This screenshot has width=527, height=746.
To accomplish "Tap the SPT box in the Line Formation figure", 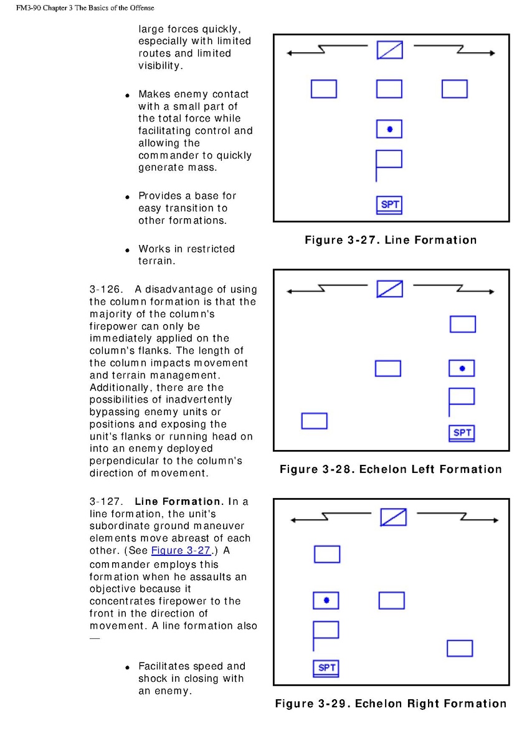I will tap(389, 204).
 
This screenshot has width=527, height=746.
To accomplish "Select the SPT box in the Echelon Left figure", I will tap(462, 433).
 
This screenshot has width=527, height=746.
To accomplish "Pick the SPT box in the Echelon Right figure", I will tap(326, 668).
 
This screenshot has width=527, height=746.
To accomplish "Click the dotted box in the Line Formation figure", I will tap(389, 129).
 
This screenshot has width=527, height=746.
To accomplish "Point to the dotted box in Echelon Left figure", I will tap(462, 368).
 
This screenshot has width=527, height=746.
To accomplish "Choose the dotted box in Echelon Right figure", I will tap(326, 600).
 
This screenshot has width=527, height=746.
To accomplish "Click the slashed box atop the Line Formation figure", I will tap(389, 50).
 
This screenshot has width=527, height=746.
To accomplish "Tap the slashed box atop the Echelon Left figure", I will tap(389, 289).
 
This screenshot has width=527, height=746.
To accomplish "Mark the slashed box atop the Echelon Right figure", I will tap(393, 517).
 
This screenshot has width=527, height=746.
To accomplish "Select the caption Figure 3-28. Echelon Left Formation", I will tap(391, 469).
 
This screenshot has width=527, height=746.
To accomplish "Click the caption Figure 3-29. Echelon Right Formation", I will tap(391, 704).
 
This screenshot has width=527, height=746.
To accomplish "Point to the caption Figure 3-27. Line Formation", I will tap(391, 240).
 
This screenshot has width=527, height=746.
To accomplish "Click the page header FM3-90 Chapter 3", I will tap(85, 8).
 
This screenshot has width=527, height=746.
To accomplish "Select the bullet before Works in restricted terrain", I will tap(126, 250).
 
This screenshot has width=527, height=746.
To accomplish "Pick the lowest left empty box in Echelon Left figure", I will tap(314, 421).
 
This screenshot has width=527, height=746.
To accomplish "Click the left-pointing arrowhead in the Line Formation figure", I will tap(290, 53).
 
